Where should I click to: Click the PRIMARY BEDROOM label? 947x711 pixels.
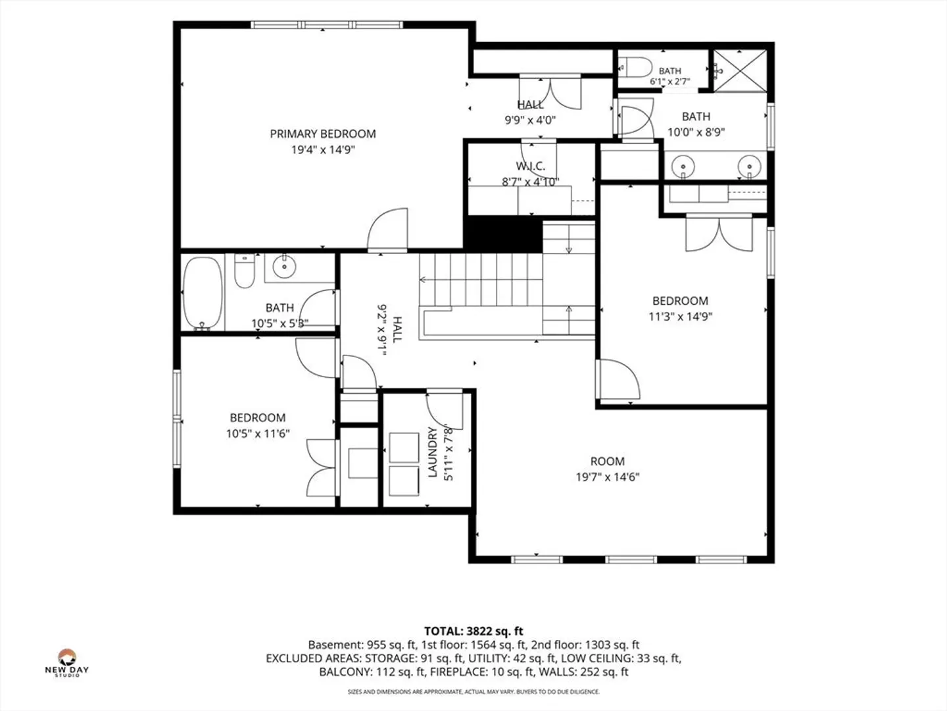[x=323, y=134]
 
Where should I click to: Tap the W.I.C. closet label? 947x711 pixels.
[x=531, y=166]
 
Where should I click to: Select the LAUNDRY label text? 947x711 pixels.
[x=433, y=452]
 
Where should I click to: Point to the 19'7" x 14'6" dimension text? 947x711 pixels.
[x=608, y=477]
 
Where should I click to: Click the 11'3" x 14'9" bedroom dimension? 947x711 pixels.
[x=681, y=317]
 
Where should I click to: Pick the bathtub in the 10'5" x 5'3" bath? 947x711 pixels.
[x=203, y=294]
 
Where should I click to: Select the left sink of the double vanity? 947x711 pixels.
[x=683, y=166]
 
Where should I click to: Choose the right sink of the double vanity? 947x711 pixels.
[x=750, y=166]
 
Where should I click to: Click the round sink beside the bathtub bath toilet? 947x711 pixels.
[x=284, y=267]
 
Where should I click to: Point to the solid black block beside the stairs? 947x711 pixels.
[x=503, y=234]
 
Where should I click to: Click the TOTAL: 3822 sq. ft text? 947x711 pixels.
[x=473, y=631]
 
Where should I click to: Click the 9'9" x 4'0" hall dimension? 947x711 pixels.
[x=530, y=120]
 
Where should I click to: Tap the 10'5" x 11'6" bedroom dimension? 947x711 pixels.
[x=258, y=433]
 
